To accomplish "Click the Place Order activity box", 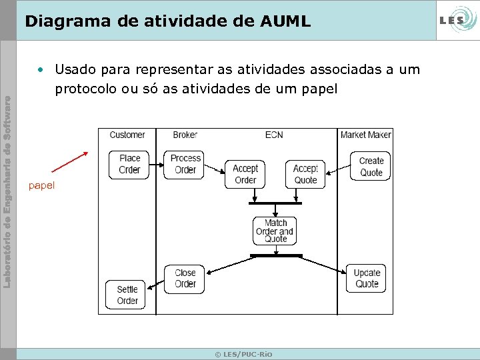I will (129, 164).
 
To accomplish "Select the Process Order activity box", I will (185, 164).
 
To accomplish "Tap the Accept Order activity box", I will (245, 174).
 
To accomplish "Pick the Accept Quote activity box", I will (305, 174).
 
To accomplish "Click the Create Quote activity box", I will (371, 166).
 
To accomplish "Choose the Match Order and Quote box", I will (275, 231).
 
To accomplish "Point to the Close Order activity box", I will (185, 278).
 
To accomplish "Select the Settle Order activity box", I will (127, 295).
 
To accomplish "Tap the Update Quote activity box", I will (367, 278).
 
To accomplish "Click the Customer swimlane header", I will (127, 135).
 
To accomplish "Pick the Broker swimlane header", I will (185, 135).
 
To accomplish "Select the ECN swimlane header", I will (274, 135).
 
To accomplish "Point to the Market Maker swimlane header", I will (365, 135).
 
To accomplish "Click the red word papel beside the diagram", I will (41, 185).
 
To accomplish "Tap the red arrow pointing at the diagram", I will (69, 163).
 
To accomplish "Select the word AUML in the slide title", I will (282, 21).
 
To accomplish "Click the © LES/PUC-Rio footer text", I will (243, 354).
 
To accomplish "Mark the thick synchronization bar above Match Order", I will (275, 201).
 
